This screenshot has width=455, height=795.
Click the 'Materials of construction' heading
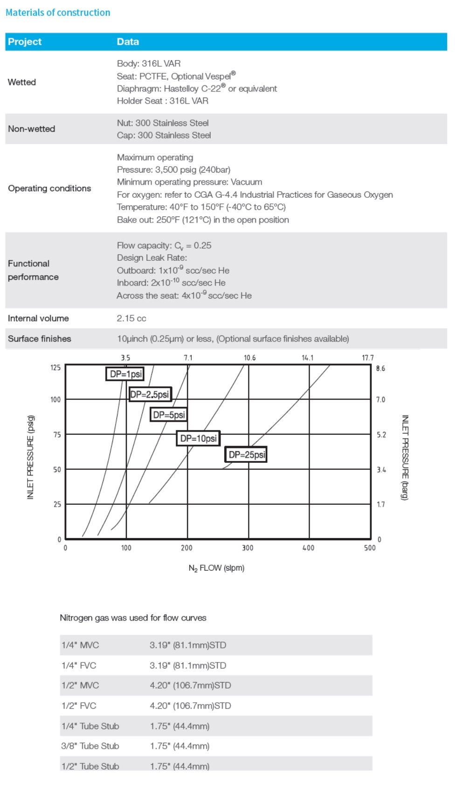coord(58,13)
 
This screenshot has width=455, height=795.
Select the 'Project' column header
coord(25,42)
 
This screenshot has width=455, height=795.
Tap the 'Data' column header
coord(128,42)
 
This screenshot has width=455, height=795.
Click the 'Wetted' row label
coord(22,82)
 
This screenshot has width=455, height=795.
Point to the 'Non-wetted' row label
coord(31,129)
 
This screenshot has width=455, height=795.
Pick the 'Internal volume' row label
coord(38,318)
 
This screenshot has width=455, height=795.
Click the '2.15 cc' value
coord(131,318)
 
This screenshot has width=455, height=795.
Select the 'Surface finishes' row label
coord(40,339)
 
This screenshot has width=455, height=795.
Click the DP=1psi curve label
coord(125,374)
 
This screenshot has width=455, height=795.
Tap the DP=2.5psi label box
coord(150,394)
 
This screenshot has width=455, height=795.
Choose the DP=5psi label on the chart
coord(169,414)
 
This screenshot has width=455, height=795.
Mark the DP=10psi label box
coord(198,438)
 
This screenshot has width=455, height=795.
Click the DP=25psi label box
coord(246,454)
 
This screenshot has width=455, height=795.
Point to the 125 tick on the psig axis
coord(55,368)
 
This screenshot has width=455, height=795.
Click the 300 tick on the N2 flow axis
coord(248,548)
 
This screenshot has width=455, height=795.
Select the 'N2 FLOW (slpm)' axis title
coord(216,568)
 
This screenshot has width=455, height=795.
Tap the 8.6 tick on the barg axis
coord(380,368)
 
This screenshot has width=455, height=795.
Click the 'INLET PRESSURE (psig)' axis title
coord(30,457)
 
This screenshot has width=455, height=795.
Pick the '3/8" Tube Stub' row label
coord(90,746)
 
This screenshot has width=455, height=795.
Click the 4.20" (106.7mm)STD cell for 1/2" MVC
coord(190,685)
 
